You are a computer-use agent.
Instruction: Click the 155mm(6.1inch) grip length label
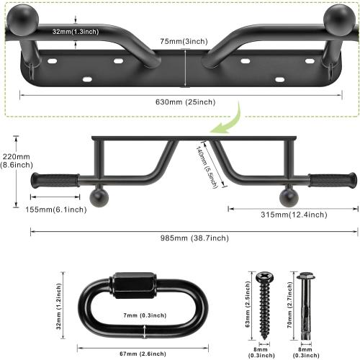pyautogui.click(x=57, y=210)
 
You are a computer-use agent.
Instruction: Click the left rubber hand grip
pyautogui.click(x=55, y=179)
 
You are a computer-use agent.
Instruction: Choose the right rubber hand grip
pyautogui.click(x=331, y=179)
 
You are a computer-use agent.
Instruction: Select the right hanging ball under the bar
pyautogui.click(x=289, y=197)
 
